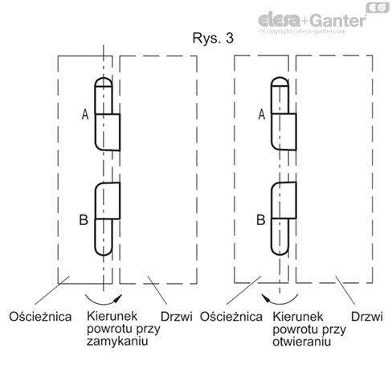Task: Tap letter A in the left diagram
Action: [x=85, y=115]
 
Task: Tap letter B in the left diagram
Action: [x=85, y=218]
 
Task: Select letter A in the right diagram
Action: [x=261, y=115]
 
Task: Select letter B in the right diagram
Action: [x=261, y=218]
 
